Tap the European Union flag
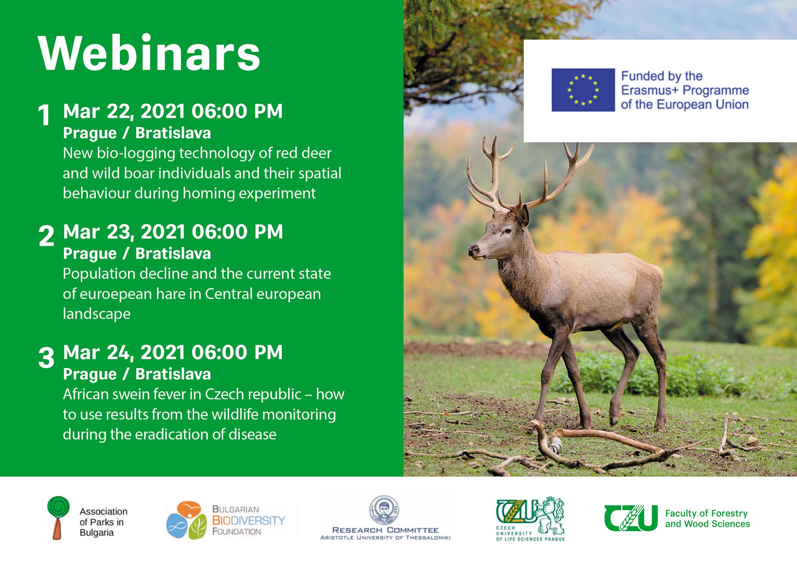click(x=583, y=90)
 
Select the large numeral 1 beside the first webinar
click(x=44, y=115)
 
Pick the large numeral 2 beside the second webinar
click(x=46, y=236)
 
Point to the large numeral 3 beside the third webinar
click(x=46, y=357)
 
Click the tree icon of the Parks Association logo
click(x=58, y=518)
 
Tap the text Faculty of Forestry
click(x=706, y=514)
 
